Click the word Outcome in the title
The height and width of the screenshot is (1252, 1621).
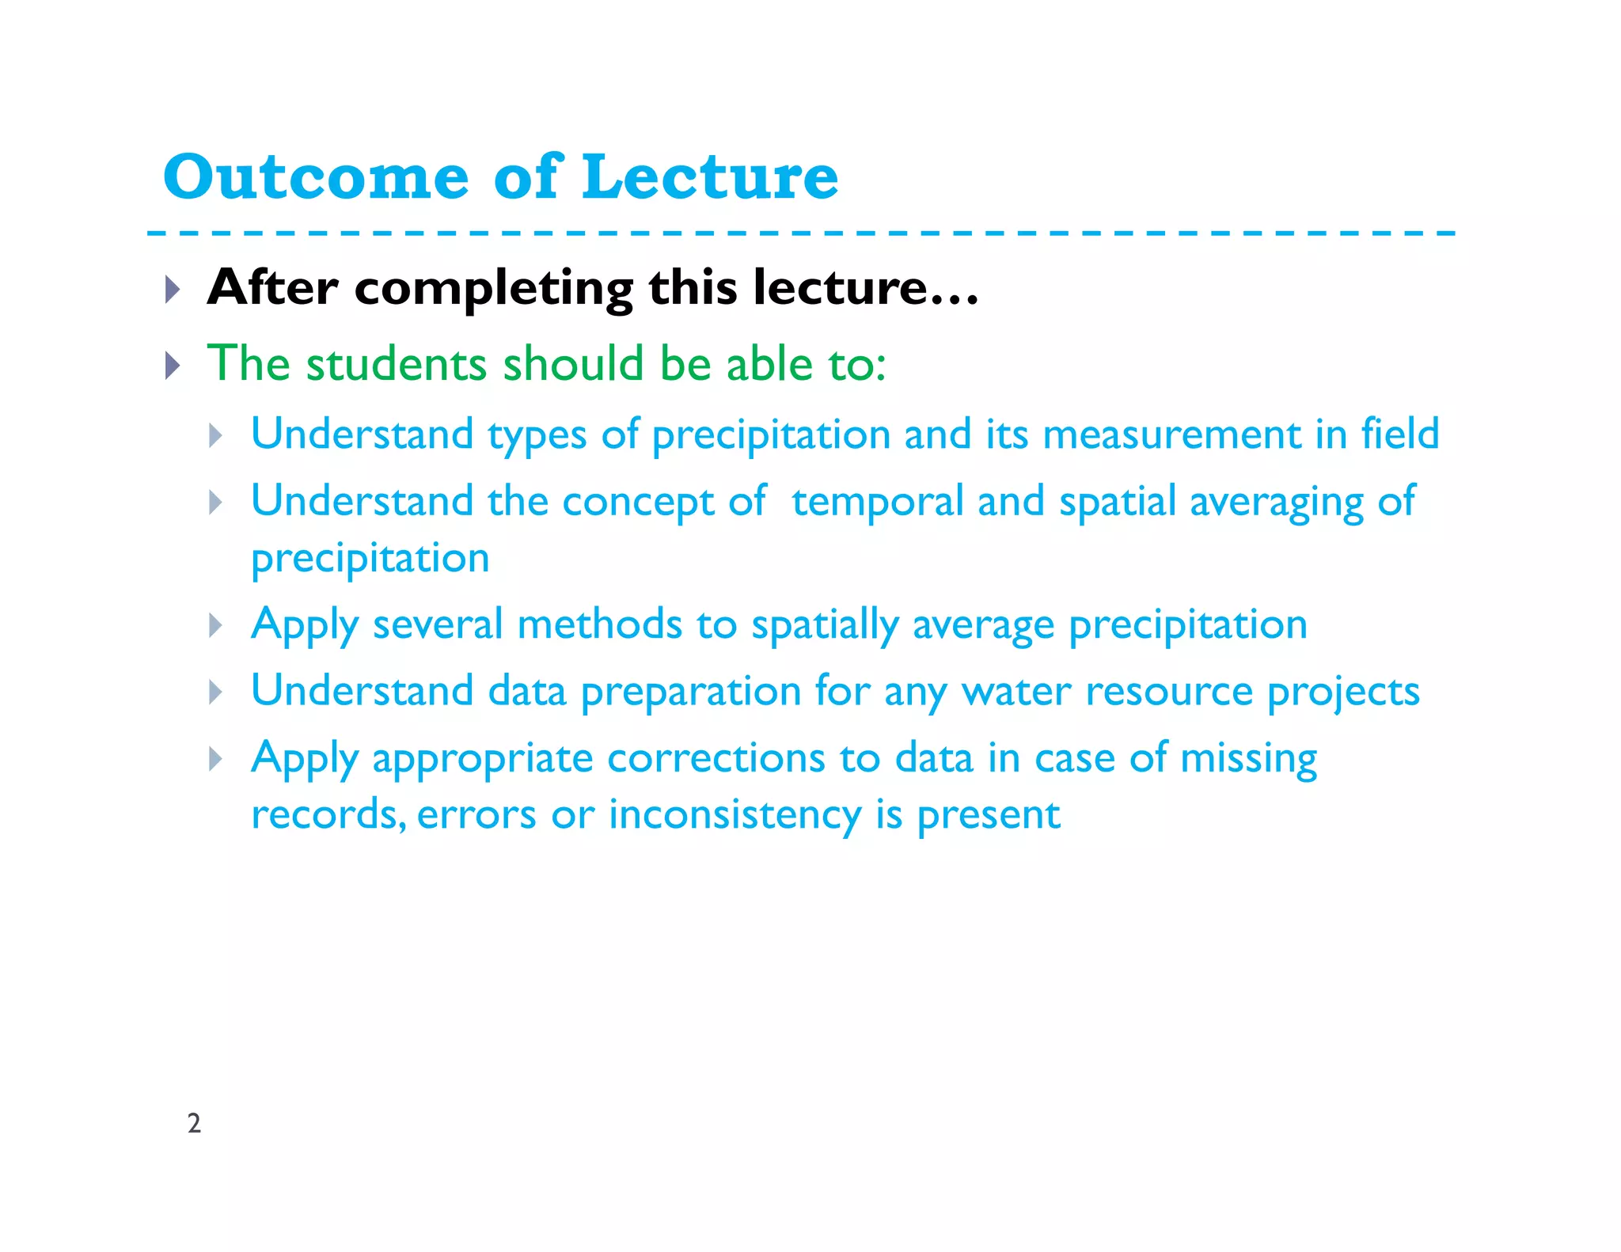[x=316, y=177]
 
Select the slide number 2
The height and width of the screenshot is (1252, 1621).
[x=194, y=1123]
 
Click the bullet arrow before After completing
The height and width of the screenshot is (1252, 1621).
[x=173, y=290]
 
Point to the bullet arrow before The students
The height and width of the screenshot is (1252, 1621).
[x=173, y=366]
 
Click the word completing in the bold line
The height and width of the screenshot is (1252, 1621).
[x=494, y=288]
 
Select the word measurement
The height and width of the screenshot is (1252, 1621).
[x=1171, y=434]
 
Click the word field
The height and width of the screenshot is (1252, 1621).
[x=1399, y=434]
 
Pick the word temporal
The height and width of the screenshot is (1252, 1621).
[x=877, y=502]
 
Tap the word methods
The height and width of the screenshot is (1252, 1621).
[x=599, y=624]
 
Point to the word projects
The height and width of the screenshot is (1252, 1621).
[x=1343, y=692]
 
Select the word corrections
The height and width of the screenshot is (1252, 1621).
[x=716, y=758]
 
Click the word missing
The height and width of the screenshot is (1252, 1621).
[x=1248, y=758]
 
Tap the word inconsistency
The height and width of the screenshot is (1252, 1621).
[x=735, y=815]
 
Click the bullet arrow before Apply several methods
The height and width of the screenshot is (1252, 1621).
[x=215, y=626]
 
